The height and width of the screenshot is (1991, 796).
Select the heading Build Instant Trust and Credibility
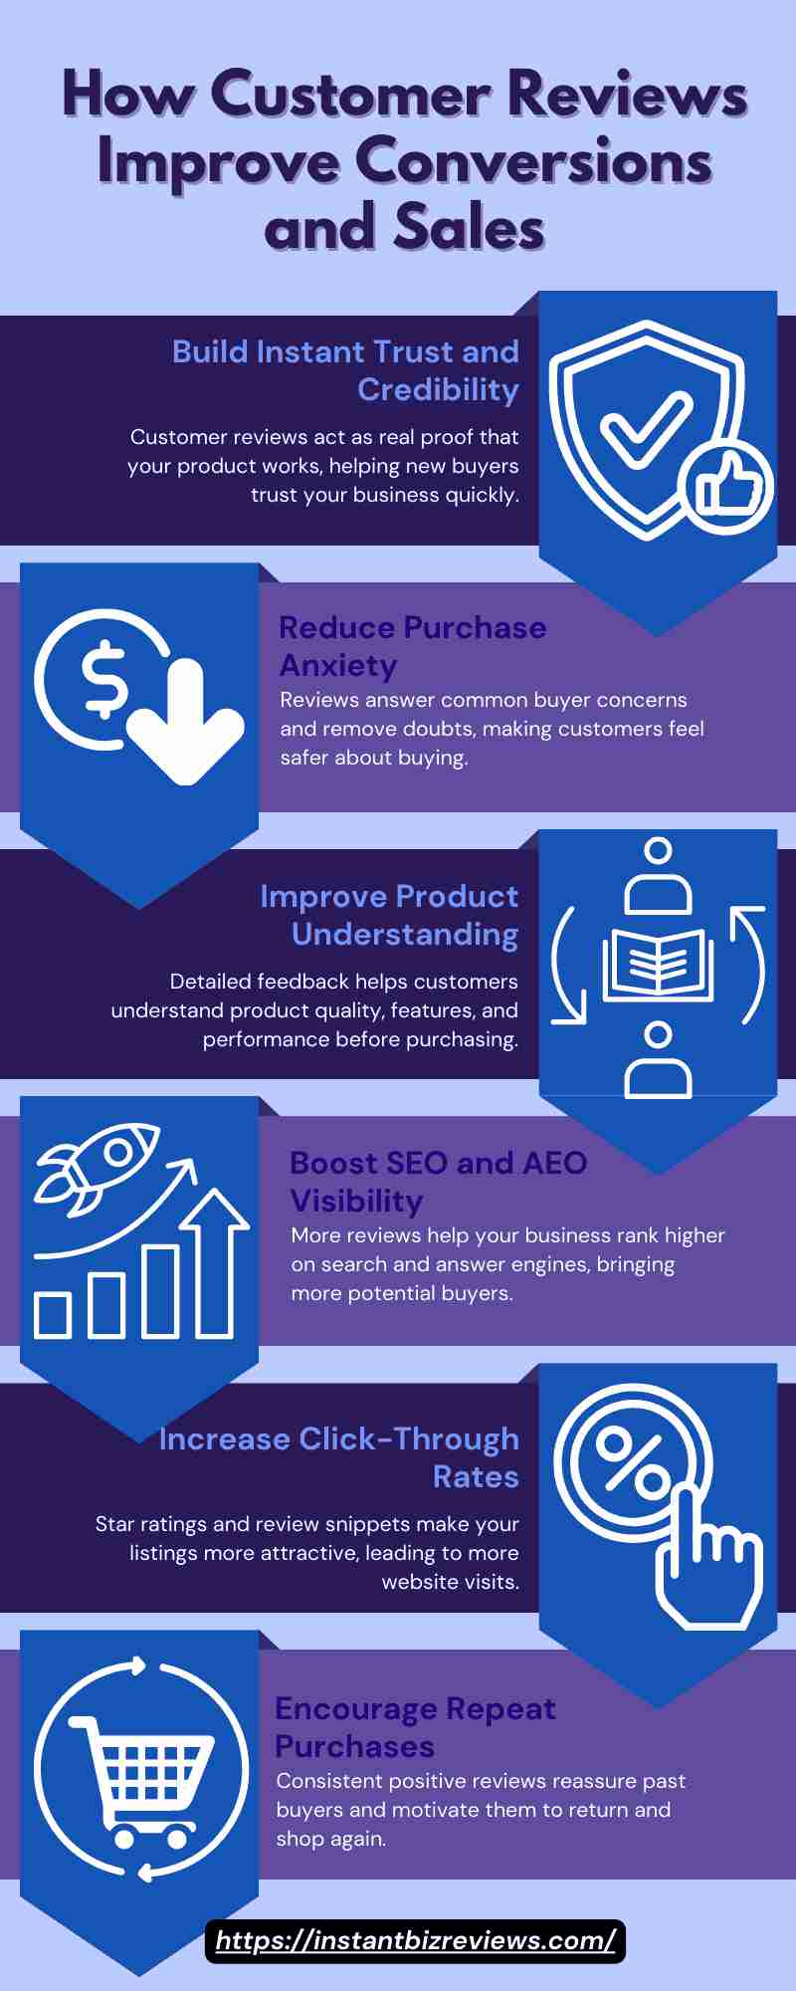[x=345, y=370]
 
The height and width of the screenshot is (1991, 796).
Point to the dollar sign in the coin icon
[x=104, y=681]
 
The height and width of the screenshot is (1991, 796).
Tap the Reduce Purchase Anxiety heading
[x=412, y=646]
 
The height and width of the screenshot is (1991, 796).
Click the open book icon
[x=658, y=964]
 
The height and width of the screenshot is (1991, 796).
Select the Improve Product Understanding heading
[x=389, y=915]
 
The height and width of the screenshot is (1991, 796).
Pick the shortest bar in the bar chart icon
[x=53, y=1315]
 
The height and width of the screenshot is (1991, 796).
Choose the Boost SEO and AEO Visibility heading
[x=438, y=1182]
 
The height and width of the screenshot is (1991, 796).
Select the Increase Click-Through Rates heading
[x=339, y=1457]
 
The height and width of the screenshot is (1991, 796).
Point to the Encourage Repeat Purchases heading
[x=415, y=1727]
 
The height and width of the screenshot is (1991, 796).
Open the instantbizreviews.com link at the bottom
[x=416, y=1940]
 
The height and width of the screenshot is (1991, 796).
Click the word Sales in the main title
[x=469, y=227]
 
